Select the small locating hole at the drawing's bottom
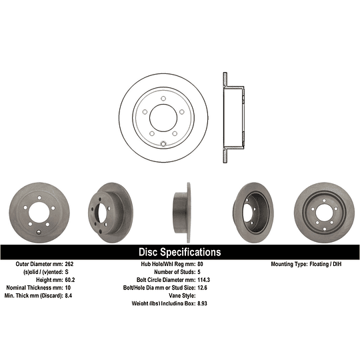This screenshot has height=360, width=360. (x=163, y=143)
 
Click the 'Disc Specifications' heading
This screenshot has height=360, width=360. (x=179, y=252)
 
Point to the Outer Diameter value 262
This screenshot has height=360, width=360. (x=69, y=264)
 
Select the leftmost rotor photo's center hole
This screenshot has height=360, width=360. (x=37, y=213)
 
